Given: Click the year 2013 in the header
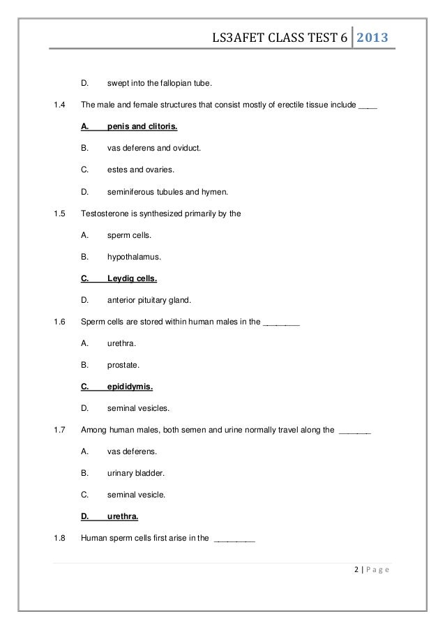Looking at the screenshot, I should [373, 38].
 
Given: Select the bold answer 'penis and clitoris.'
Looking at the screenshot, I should [142, 128].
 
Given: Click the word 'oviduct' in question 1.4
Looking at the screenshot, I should [186, 149].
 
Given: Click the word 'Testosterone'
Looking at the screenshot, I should [105, 213].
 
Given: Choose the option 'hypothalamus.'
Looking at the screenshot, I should [134, 257].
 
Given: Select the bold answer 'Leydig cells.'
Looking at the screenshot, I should [132, 278].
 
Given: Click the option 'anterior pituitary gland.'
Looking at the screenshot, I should [149, 300].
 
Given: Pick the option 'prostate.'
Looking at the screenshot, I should [123, 364].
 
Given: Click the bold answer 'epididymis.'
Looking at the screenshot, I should [130, 386].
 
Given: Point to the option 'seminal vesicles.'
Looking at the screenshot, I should [137, 407].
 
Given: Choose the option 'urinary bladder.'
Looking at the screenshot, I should [136, 472].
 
